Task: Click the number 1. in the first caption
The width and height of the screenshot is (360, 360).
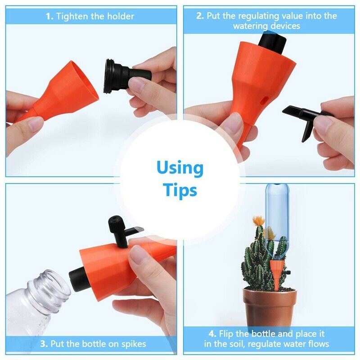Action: tap(49, 16)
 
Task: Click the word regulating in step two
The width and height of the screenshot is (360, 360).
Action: tap(259, 16)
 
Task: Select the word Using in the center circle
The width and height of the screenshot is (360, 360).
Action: tap(180, 168)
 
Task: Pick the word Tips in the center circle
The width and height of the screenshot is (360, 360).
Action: tap(180, 190)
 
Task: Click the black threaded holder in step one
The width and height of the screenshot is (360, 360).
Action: tap(126, 76)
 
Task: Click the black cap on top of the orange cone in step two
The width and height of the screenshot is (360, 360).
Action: tap(273, 43)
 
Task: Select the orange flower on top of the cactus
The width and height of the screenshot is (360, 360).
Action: tap(258, 220)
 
